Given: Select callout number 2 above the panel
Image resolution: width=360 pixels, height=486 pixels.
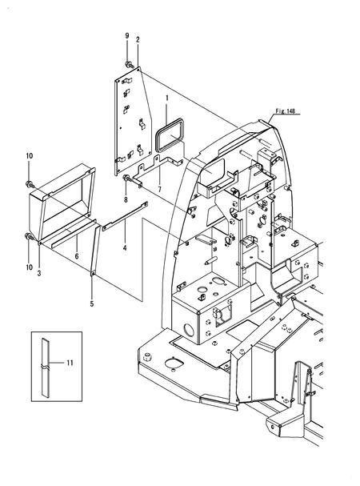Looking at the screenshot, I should pyautogui.click(x=138, y=39).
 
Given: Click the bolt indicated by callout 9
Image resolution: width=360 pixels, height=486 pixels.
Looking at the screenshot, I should pyautogui.click(x=128, y=64).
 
